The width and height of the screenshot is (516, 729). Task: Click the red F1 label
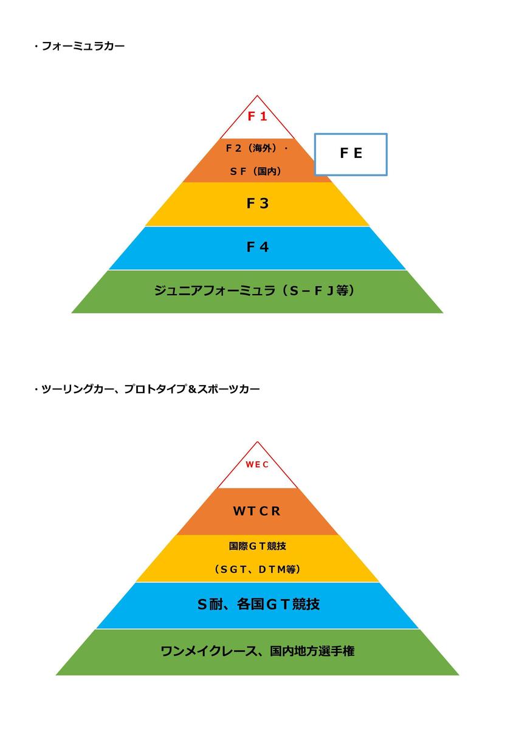click(x=257, y=116)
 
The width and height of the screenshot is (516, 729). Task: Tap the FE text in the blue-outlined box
click(x=351, y=153)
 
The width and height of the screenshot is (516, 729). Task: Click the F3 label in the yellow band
click(x=258, y=204)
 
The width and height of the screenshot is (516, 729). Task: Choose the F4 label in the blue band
click(x=258, y=247)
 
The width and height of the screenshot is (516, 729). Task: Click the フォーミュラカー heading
click(x=83, y=46)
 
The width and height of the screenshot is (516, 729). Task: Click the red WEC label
click(x=257, y=464)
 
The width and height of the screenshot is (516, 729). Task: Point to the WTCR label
click(x=257, y=511)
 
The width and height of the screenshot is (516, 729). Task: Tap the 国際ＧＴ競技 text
click(x=257, y=546)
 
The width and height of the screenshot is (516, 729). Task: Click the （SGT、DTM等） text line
click(x=257, y=569)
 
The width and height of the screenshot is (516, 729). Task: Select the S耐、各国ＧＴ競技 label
click(x=258, y=604)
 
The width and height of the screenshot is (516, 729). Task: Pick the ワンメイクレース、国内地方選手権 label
click(x=258, y=651)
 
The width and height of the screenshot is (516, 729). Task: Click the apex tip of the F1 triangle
click(x=257, y=95)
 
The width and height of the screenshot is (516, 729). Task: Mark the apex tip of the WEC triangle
click(x=257, y=442)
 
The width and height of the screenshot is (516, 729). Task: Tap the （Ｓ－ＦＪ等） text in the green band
click(x=318, y=290)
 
